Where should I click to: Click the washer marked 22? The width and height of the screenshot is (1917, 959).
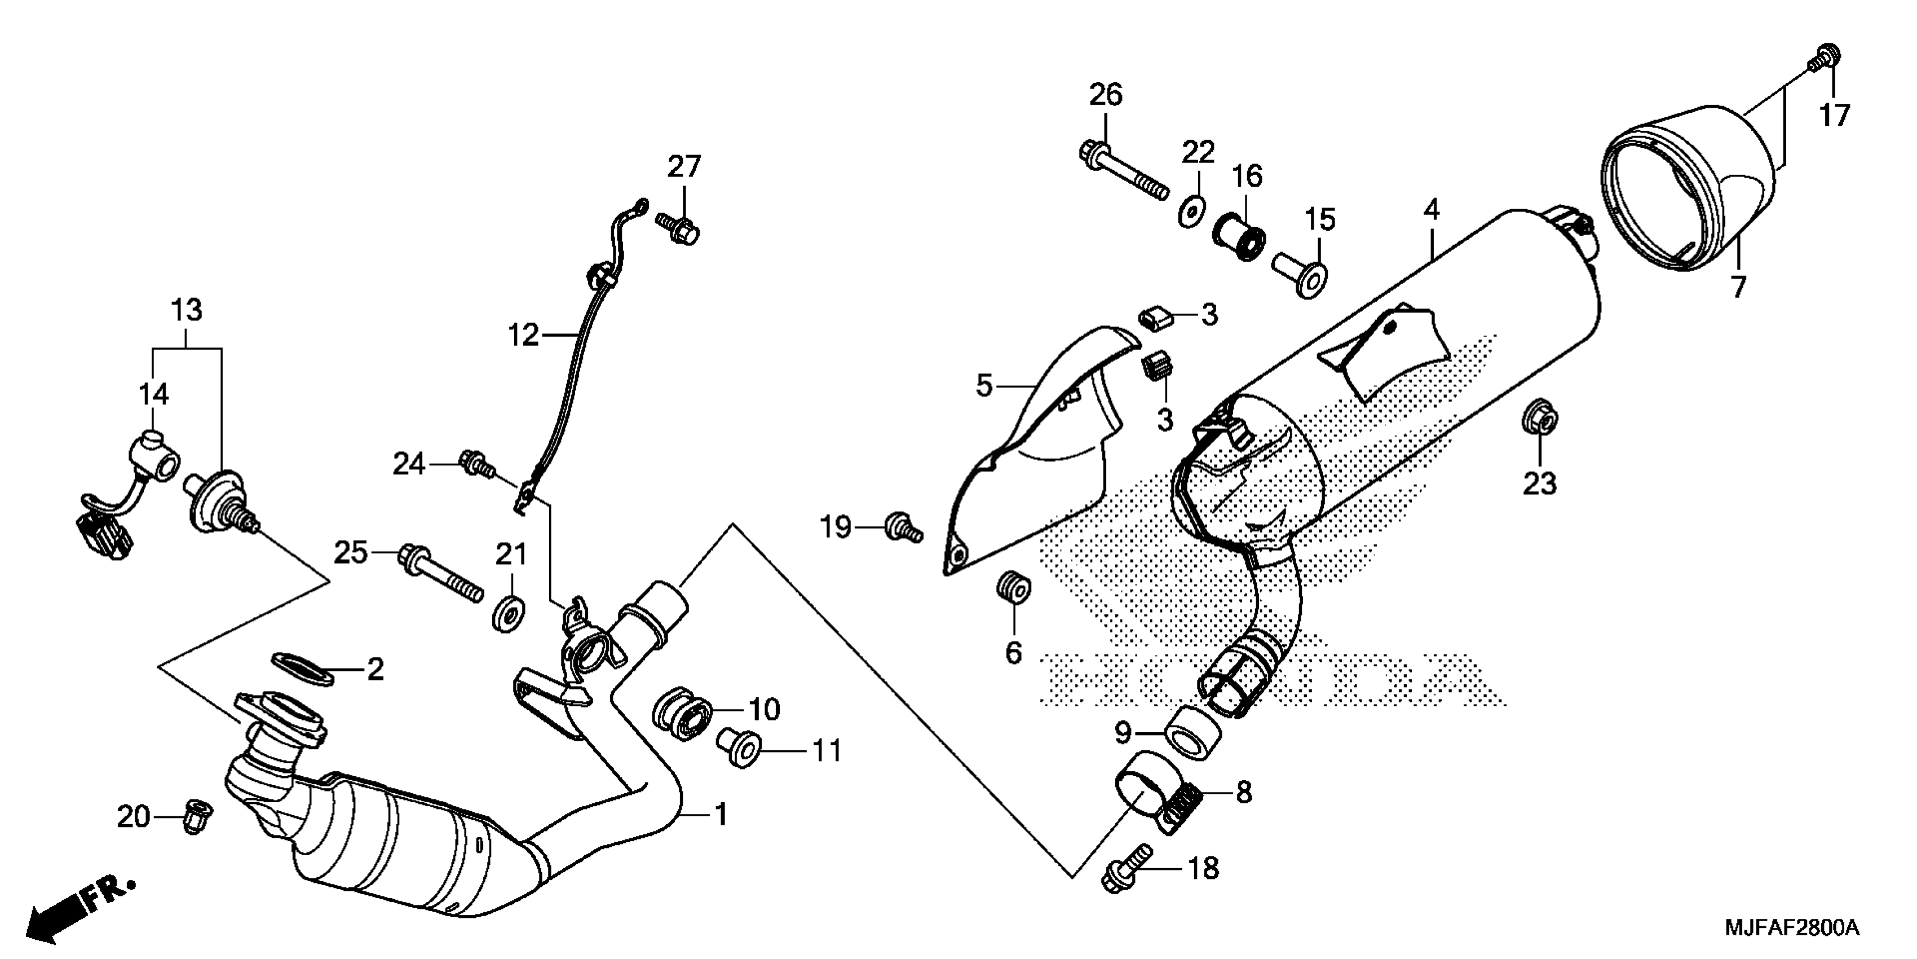click(1194, 212)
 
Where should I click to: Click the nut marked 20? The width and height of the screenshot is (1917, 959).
click(196, 816)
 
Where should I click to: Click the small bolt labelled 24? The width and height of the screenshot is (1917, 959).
click(476, 463)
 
